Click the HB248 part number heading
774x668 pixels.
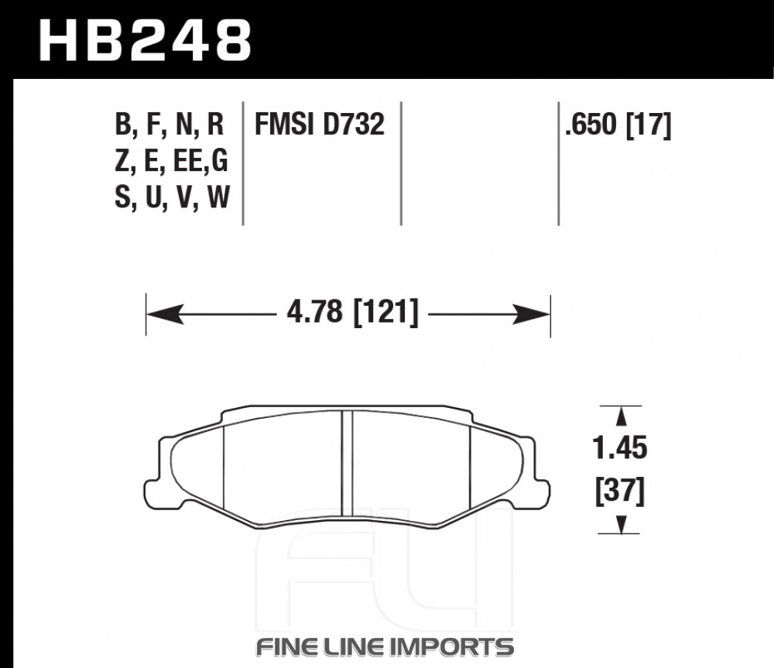coord(146,41)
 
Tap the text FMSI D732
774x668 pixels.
coord(320,124)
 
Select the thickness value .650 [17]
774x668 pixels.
coord(618,125)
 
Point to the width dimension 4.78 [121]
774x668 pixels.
coord(352,313)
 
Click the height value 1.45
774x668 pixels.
coord(619,448)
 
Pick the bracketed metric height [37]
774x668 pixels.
coord(620,492)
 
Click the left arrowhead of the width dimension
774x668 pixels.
coord(165,314)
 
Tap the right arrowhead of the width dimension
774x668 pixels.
coord(531,314)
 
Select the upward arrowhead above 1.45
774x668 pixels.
coord(622,416)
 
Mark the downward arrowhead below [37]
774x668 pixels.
coord(622,524)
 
